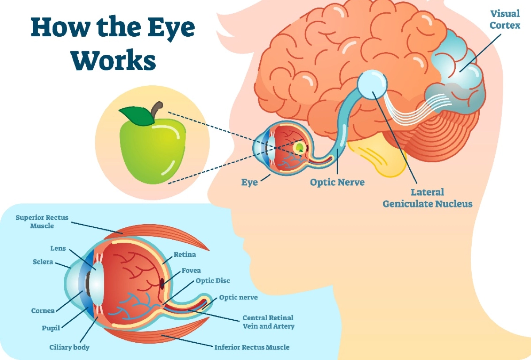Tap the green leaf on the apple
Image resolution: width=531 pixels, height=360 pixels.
pyautogui.click(x=137, y=116)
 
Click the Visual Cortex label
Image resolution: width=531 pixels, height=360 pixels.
pyautogui.click(x=504, y=19)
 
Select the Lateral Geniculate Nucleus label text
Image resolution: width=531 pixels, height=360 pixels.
pyautogui.click(x=427, y=198)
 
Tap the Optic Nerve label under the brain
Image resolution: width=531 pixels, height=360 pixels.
pyautogui.click(x=337, y=182)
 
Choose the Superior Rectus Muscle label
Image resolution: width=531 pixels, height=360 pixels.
pyautogui.click(x=42, y=222)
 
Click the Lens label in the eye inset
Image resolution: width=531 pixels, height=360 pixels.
pyautogui.click(x=58, y=249)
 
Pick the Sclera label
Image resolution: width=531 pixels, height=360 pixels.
pyautogui.click(x=43, y=262)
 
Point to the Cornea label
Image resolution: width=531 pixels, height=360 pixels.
pyautogui.click(x=43, y=311)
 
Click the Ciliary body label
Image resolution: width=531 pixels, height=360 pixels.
pyautogui.click(x=69, y=347)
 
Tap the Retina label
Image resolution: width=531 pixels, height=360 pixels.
pyautogui.click(x=185, y=255)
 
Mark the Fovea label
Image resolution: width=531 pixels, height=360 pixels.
pyautogui.click(x=191, y=271)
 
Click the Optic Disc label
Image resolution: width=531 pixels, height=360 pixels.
pyautogui.click(x=213, y=281)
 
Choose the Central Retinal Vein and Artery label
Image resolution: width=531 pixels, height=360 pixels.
pyautogui.click(x=268, y=322)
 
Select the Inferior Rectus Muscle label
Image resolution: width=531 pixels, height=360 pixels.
pyautogui.click(x=252, y=347)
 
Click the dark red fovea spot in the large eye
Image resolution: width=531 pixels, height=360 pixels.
pyautogui.click(x=162, y=283)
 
